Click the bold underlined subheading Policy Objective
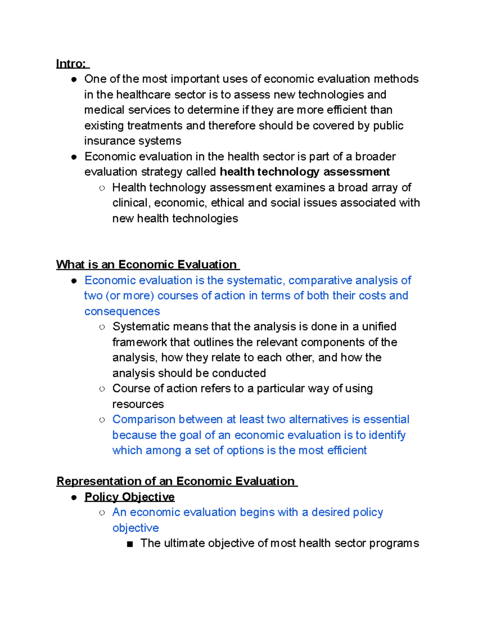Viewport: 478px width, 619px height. [129, 497]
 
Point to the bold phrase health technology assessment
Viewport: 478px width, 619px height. [305, 172]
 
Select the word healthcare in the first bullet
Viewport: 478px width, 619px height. [144, 95]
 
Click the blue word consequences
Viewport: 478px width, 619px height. [122, 311]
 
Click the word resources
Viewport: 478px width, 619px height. [138, 404]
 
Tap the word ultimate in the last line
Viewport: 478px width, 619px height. [184, 543]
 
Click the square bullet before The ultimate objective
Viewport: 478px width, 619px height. [129, 544]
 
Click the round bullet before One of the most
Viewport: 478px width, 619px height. [74, 79]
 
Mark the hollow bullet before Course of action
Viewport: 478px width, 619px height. [102, 389]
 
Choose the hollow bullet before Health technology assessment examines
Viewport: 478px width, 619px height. [102, 188]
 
